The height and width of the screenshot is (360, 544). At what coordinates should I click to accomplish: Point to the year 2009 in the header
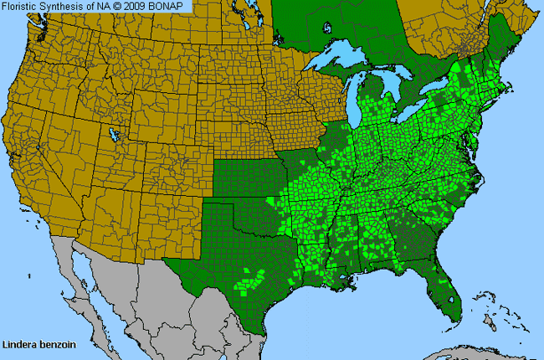click(142, 6)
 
